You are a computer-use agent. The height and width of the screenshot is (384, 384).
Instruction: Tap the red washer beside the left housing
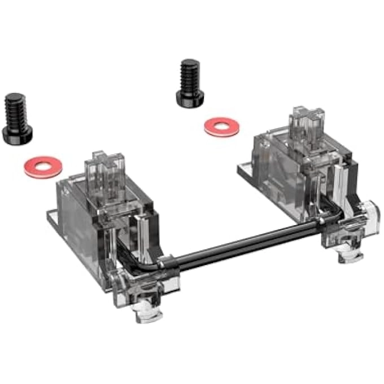click(x=43, y=168)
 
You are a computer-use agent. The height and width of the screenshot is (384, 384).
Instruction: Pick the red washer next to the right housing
click(x=222, y=126)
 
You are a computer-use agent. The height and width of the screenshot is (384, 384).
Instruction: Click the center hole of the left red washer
click(x=43, y=168)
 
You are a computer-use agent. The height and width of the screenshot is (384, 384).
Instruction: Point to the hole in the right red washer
click(x=222, y=126)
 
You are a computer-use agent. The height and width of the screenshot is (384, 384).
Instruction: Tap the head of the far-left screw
click(x=17, y=132)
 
